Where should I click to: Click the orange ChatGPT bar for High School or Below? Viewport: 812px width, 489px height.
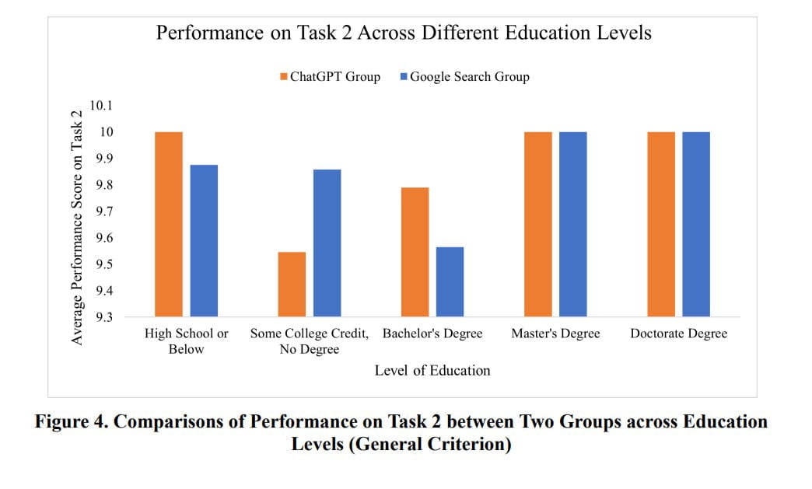point(169,224)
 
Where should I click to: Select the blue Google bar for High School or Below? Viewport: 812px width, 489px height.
point(204,240)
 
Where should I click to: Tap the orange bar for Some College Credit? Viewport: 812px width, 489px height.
point(292,284)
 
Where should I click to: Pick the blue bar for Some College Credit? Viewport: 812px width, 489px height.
point(327,243)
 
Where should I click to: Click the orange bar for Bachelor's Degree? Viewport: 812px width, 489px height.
point(415,252)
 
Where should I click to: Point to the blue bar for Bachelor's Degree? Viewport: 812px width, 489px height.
point(450,281)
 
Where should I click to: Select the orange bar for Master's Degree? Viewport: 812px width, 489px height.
point(537,224)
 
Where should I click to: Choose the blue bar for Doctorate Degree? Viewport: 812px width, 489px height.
point(696,224)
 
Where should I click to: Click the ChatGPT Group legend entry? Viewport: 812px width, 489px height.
point(330,76)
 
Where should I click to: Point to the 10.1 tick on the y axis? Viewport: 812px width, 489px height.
point(101,106)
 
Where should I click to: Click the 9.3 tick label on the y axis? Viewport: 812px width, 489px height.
point(103,317)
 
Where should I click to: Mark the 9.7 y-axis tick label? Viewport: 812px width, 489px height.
point(103,211)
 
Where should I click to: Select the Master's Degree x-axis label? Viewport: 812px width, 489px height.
point(555,334)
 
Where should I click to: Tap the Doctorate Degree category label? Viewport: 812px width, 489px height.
point(678,334)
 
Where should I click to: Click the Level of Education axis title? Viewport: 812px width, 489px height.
point(432,370)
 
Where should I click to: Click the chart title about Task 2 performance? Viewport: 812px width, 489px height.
point(403,33)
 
